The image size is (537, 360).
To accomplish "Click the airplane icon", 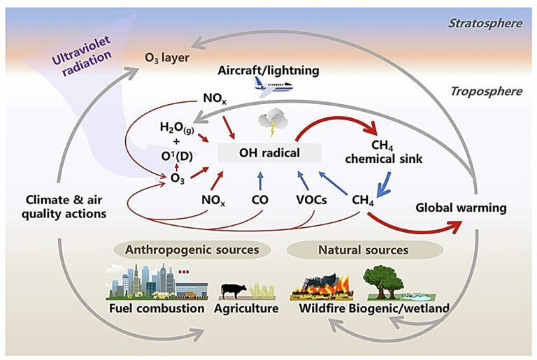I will [272, 85].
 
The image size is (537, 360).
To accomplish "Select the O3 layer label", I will [167, 57].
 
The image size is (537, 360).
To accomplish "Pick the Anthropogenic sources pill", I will [192, 250].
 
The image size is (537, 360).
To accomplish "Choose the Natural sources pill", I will [364, 250].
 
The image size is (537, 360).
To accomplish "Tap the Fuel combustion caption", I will [156, 308].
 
